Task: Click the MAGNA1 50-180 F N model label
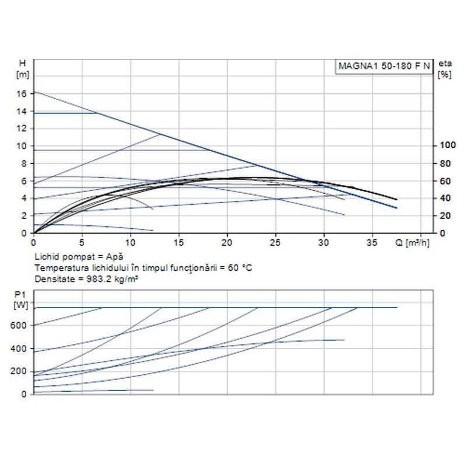(x=384, y=66)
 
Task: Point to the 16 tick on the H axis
(x=22, y=93)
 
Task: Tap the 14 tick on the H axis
(x=22, y=111)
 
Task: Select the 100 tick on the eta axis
(x=446, y=145)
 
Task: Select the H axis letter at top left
(x=22, y=63)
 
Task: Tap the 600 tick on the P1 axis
(x=20, y=325)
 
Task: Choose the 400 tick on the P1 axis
(x=20, y=348)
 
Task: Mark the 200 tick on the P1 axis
(x=20, y=371)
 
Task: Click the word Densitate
(x=52, y=278)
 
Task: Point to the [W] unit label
(x=20, y=305)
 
